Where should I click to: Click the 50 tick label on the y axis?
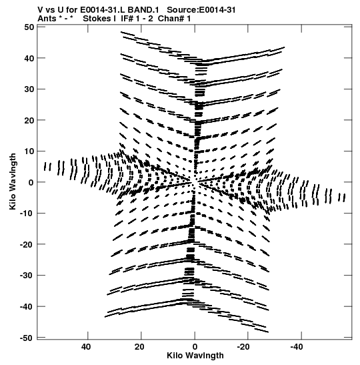29,27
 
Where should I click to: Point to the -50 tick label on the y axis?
27,338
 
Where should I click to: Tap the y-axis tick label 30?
29,89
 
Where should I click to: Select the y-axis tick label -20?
27,244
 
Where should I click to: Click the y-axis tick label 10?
29,151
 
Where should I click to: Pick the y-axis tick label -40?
27,306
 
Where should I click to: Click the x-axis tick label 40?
86,347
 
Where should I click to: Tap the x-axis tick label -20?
243,347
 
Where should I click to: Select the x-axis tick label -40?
297,347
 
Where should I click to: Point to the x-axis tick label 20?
139,347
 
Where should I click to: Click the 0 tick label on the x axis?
195,347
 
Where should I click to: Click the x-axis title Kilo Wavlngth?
195,356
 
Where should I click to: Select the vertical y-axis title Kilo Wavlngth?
13,181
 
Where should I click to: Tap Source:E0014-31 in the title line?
201,10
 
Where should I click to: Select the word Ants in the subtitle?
46,19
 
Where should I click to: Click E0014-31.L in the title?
102,10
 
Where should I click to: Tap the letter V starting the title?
41,10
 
